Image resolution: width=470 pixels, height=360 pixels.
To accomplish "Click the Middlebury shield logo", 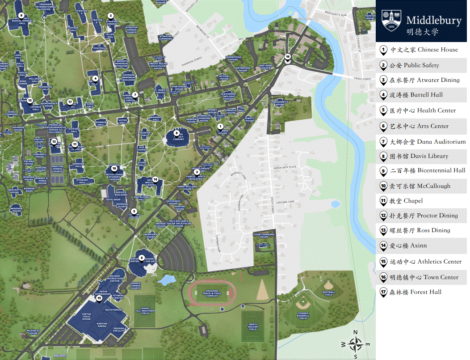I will tap(391, 21).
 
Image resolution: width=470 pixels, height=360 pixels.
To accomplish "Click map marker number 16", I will tap(288, 57).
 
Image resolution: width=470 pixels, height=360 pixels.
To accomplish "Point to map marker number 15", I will tap(99, 298).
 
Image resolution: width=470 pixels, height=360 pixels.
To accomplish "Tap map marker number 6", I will tap(142, 258).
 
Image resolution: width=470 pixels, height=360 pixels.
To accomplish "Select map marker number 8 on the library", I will tap(176, 133).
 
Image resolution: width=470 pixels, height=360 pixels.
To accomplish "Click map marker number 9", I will tap(21, 15).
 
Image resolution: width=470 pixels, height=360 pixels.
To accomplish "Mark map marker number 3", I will tap(110, 16).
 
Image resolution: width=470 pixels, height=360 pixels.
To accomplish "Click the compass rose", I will tap(356, 344).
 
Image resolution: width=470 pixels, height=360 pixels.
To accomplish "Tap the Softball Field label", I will tap(328, 293).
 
